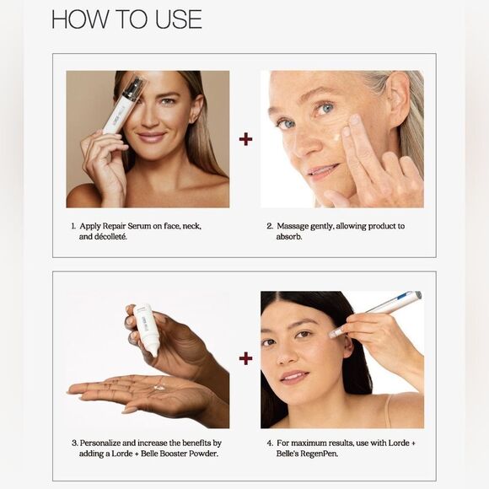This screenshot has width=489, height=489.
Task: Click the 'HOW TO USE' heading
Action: click(x=126, y=19)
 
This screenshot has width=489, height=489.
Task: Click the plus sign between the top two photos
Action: click(x=245, y=138)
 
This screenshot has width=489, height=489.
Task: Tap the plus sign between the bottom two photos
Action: click(x=245, y=358)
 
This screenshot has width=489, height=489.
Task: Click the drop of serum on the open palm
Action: click(x=159, y=387)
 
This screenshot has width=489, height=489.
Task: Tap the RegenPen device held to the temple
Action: click(x=379, y=312)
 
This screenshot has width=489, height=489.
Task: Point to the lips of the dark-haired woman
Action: click(x=293, y=375)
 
